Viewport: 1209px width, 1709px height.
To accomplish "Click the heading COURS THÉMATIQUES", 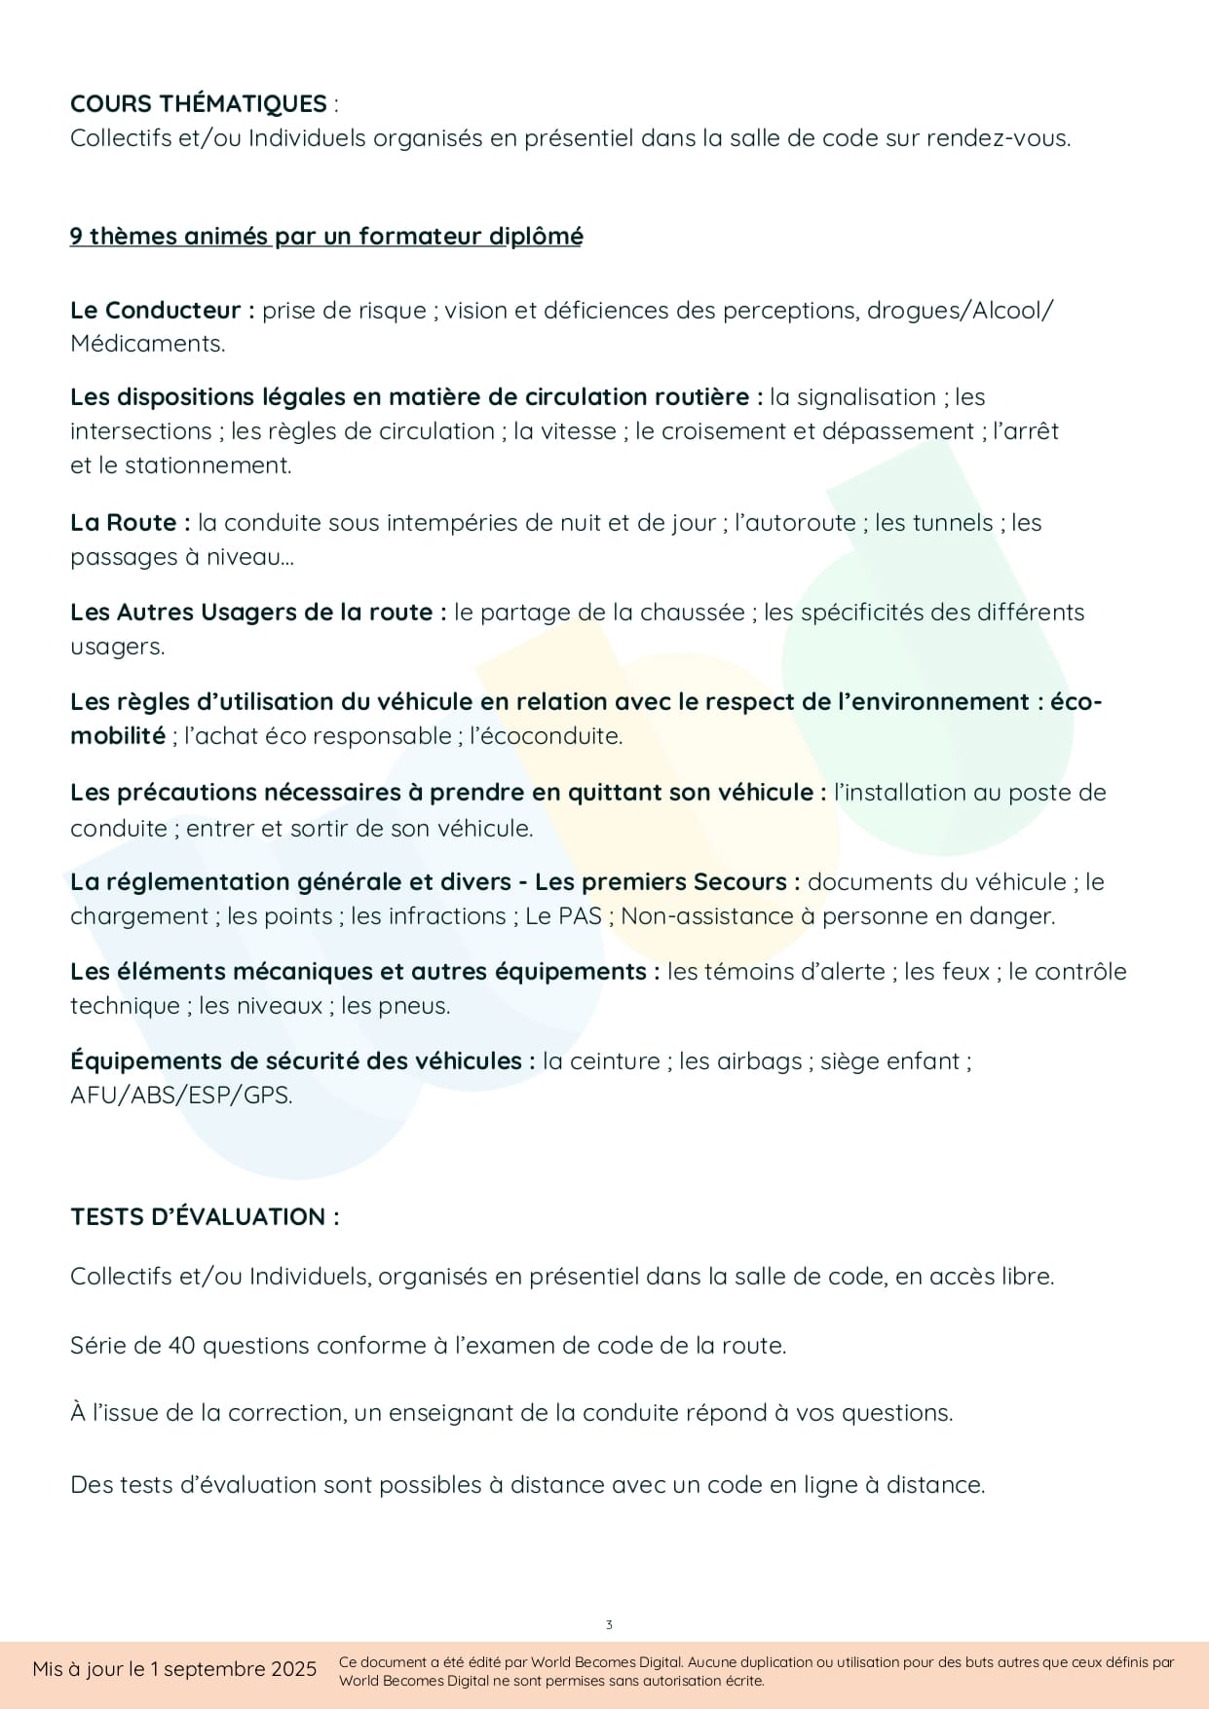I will point(198,103).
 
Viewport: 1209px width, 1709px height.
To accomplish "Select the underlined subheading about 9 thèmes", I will point(326,236).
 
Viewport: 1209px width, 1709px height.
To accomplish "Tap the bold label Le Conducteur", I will point(162,310).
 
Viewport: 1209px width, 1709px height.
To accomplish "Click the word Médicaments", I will point(147,344).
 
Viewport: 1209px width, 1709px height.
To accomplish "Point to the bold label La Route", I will point(130,522).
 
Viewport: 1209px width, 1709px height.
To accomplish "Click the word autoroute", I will point(795,522).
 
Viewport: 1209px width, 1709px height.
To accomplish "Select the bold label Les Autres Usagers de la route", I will point(258,612).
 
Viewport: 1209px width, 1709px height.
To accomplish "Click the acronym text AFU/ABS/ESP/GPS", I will point(181,1095).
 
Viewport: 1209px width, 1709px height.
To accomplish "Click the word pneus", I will point(421,1005).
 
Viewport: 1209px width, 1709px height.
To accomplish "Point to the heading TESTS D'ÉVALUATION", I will point(205,1216).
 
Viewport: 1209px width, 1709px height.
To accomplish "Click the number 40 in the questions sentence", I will point(181,1345).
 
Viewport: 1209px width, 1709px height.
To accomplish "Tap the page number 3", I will point(609,1624).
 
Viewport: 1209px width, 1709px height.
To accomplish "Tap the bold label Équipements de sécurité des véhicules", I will point(302,1060).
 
